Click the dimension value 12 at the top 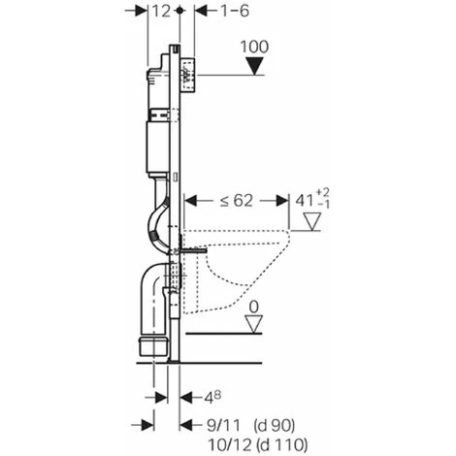161,12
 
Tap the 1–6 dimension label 235,12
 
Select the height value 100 254,47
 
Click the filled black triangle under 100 254,66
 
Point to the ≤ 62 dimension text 236,201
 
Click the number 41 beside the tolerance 305,201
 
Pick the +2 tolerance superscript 322,193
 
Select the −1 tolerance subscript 323,205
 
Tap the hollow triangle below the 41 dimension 311,221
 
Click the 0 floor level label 254,308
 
